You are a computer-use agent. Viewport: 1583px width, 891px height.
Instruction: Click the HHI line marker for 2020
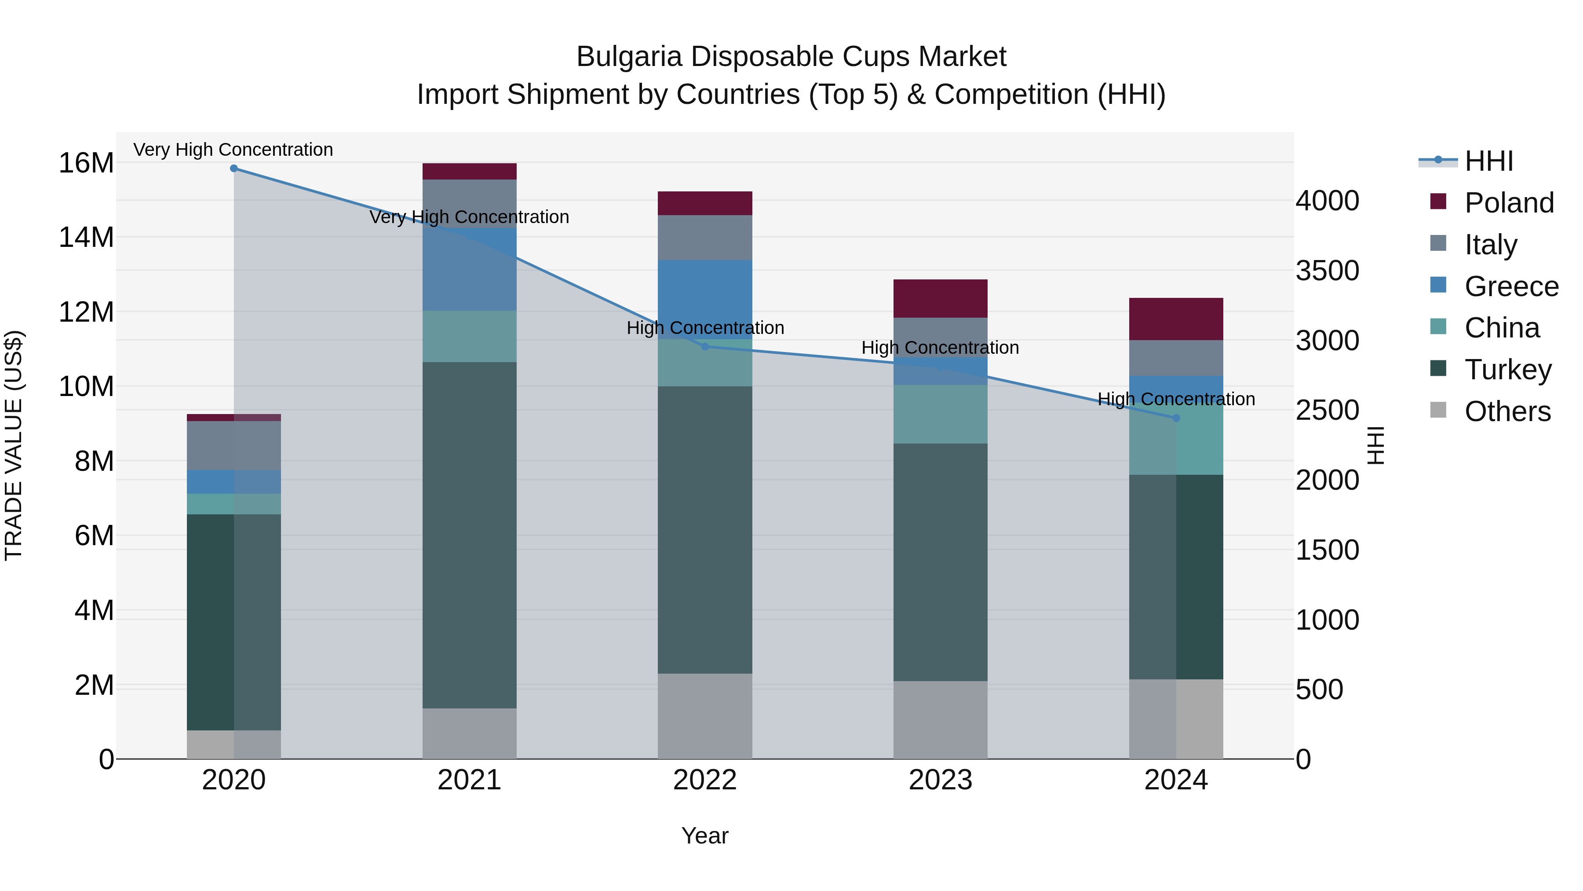tap(233, 168)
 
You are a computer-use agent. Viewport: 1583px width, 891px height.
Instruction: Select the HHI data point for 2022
tap(705, 346)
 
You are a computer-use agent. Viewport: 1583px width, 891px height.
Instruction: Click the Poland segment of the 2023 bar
tap(940, 298)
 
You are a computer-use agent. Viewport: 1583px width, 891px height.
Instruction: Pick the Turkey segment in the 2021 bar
tap(470, 535)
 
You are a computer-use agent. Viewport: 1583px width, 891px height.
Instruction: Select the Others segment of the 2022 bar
tap(705, 716)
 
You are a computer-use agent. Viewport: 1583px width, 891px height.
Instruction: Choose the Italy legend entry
tap(1491, 244)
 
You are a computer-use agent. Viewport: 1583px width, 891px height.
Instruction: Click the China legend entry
tap(1502, 328)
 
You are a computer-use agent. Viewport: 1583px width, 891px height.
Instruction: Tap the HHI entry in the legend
tap(1488, 161)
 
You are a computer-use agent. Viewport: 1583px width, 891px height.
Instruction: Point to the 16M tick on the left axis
tap(86, 163)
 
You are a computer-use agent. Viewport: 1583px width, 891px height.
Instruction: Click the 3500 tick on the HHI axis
tap(1328, 271)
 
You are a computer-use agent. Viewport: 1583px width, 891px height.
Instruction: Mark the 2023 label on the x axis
tap(940, 780)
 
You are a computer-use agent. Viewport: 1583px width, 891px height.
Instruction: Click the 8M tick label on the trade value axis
tap(94, 461)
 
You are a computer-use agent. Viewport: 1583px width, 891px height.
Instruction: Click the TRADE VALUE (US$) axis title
tap(14, 445)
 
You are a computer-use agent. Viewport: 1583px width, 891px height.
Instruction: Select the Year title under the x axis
tap(705, 836)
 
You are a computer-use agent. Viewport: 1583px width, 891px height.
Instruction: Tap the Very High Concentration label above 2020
tap(233, 150)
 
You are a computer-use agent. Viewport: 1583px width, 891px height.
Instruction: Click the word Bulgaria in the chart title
tap(629, 57)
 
